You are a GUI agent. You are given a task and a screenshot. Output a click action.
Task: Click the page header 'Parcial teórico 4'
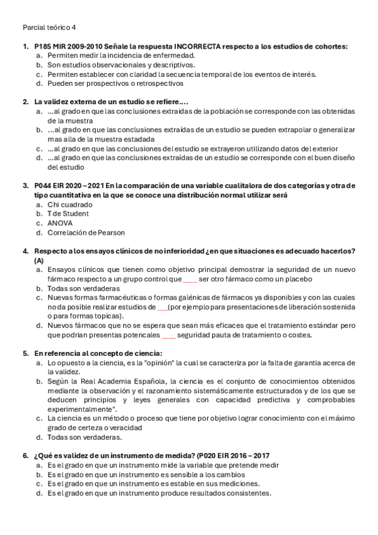click(49, 27)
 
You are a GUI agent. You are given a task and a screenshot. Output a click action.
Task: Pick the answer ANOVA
click(61, 223)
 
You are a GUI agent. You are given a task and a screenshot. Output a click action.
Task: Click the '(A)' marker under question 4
click(39, 260)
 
